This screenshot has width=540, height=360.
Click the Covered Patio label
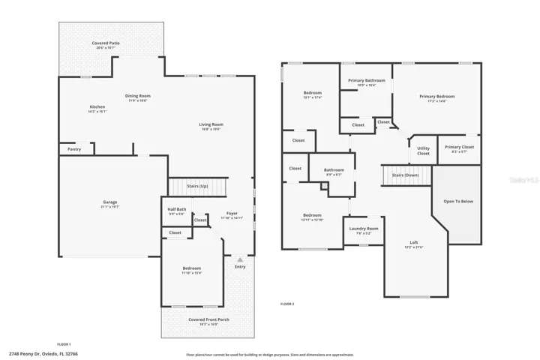106,43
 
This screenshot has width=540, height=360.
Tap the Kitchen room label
97,107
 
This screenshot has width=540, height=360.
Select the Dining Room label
138,96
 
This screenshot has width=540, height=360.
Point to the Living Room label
211,124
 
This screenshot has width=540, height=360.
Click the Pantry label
74,149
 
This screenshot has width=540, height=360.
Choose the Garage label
110,202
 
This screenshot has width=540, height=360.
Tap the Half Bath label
178,209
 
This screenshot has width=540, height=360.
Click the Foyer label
232,214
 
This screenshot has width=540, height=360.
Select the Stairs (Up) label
197,186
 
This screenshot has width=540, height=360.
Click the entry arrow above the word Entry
240,259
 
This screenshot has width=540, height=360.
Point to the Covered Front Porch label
208,319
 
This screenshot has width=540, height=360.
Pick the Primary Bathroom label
367,80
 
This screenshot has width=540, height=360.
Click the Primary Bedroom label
436,96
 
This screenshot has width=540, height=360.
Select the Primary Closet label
459,147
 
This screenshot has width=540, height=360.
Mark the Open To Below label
458,201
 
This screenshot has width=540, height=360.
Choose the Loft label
413,242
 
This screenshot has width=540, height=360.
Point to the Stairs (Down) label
406,175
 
